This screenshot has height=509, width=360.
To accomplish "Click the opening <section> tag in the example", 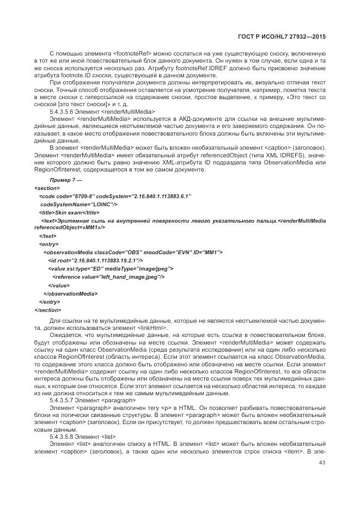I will point(47,188).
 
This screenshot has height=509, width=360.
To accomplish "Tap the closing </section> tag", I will point(48,310).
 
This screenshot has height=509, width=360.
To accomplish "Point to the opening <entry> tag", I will point(49,244).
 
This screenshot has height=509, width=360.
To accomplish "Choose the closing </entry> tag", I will point(50,302).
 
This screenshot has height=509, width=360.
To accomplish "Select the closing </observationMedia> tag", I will point(70,293).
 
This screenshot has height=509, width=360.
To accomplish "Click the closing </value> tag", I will point(59,285).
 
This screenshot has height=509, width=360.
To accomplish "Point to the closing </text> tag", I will point(48,236).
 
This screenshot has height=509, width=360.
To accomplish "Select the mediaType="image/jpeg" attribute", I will point(141,269).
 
